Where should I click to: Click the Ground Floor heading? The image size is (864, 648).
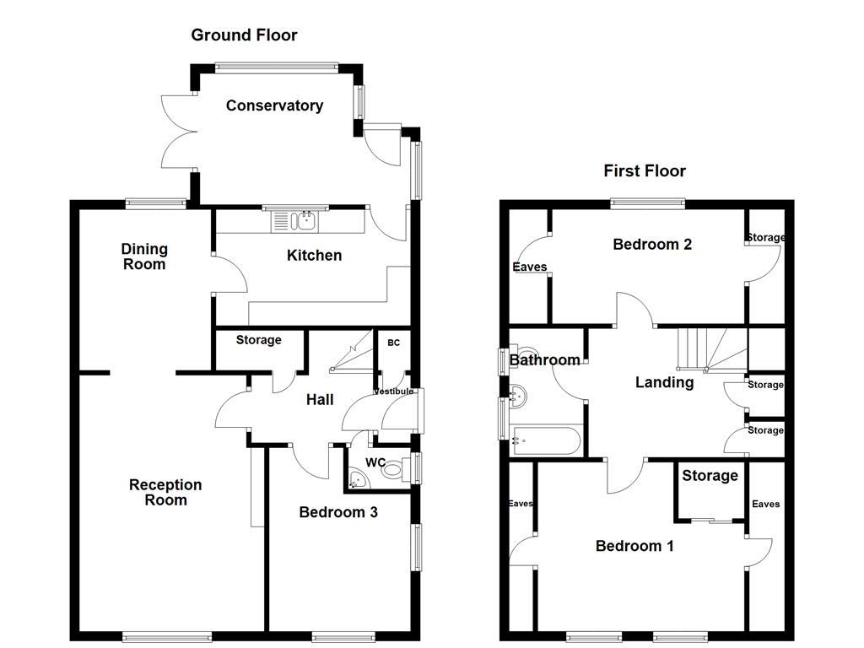(244, 35)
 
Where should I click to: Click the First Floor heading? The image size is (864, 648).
(645, 170)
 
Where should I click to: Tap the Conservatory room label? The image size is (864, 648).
(274, 105)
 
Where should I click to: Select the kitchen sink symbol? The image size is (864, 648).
(294, 221)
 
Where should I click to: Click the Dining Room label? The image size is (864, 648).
(144, 256)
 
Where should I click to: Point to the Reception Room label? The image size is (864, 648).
(165, 492)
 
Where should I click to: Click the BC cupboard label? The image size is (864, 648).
(393, 343)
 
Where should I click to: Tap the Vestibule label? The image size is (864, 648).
(394, 391)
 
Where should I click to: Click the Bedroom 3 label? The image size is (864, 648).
(338, 512)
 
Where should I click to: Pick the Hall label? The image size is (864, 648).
(320, 399)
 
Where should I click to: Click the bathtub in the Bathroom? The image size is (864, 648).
(546, 440)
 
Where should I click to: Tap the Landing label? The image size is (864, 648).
(664, 382)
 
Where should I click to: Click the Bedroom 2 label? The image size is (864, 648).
(652, 245)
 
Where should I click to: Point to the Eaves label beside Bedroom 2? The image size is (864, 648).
(530, 267)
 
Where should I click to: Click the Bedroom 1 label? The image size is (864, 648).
(634, 546)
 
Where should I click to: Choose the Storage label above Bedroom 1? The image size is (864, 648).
(710, 476)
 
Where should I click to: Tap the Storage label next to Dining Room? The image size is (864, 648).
(258, 340)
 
